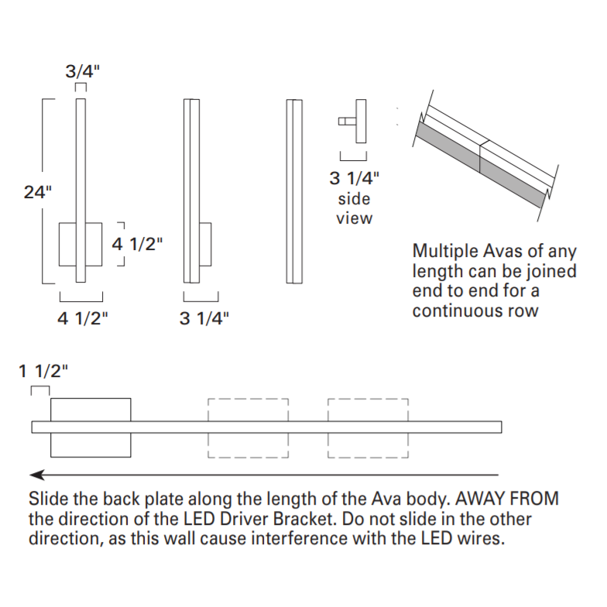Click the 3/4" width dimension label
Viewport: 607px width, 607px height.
(81, 72)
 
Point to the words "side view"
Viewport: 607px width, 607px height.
(354, 209)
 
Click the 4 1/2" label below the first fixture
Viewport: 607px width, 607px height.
(82, 317)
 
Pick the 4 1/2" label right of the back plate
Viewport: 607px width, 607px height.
(138, 244)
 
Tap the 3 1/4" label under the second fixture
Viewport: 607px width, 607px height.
(204, 317)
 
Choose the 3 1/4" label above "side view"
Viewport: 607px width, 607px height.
(355, 179)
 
